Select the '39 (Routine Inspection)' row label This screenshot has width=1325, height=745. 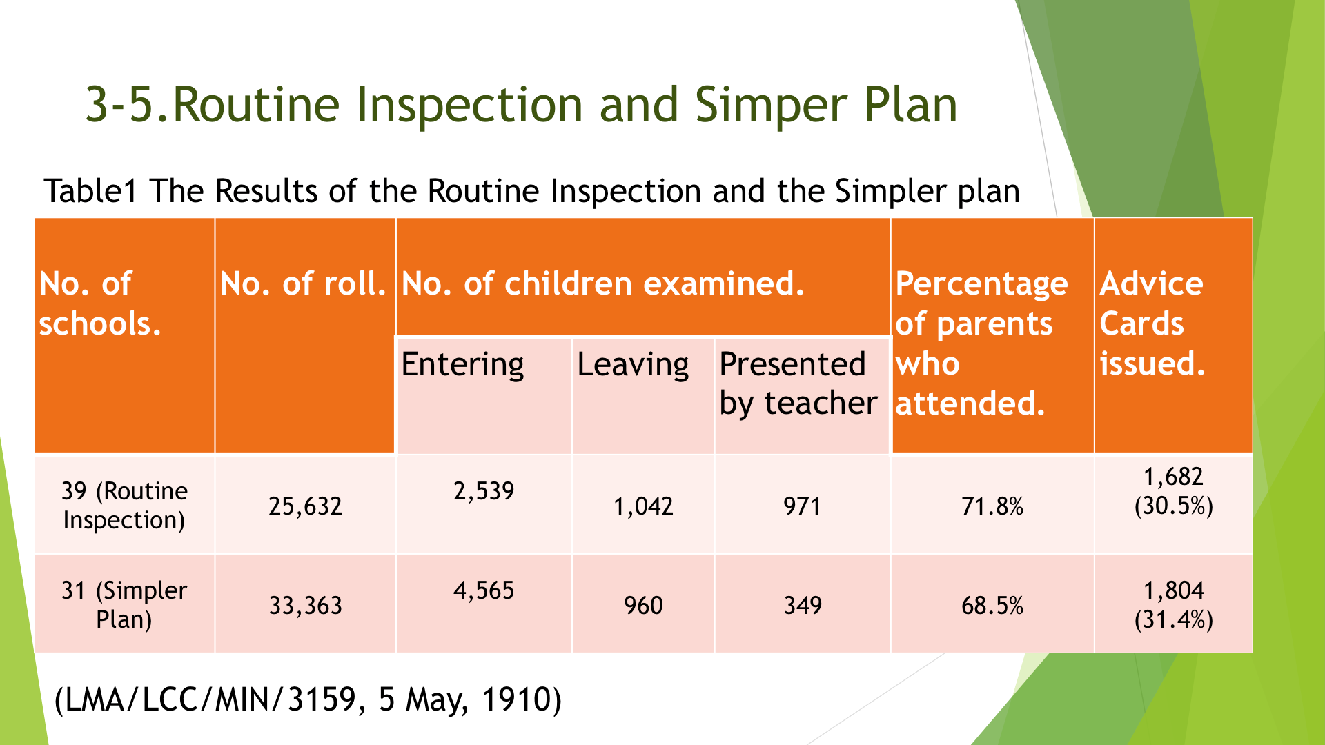tap(124, 505)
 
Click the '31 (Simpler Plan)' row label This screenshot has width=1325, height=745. tap(124, 604)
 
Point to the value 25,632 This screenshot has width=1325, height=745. tap(305, 506)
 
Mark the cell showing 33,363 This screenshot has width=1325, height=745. tap(305, 606)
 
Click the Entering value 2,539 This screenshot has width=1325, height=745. tap(484, 491)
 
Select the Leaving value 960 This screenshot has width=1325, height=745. tap(643, 606)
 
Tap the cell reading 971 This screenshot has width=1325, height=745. tap(802, 506)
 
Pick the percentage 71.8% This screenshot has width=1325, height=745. tap(992, 506)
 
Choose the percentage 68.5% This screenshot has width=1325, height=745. tap(992, 606)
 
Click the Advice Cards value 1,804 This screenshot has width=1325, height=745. tap(1173, 590)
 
